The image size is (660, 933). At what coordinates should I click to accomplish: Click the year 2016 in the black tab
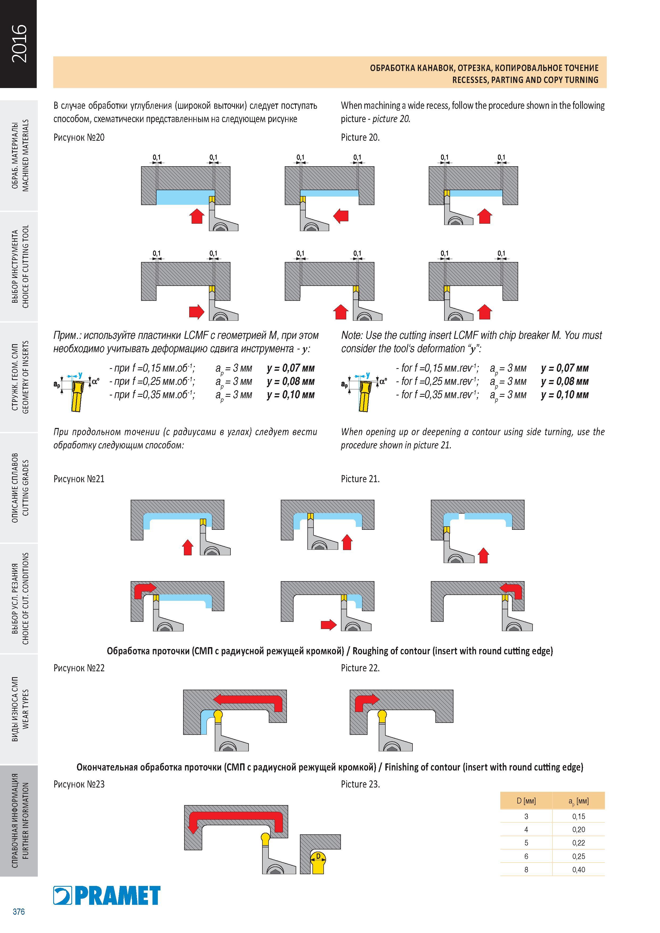(19, 43)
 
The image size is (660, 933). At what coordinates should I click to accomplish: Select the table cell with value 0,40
(578, 870)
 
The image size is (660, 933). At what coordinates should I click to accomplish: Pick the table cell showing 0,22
(578, 843)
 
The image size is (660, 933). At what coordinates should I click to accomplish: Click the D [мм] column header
(526, 801)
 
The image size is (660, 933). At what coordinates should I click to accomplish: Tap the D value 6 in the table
(526, 856)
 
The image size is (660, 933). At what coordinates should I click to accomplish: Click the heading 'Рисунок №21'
(79, 479)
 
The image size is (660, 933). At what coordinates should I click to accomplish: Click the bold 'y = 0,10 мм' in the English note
(565, 395)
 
